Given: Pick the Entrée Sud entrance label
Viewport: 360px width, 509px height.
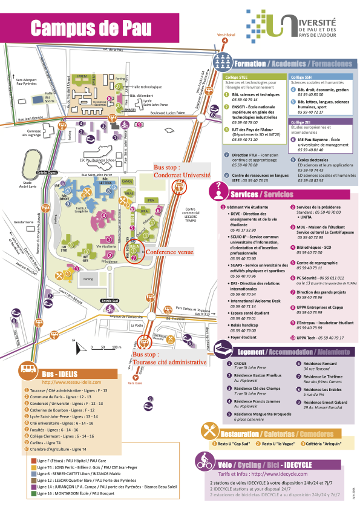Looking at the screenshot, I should pyautogui.click(x=110, y=300).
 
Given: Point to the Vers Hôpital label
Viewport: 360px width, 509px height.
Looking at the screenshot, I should pyautogui.click(x=226, y=35).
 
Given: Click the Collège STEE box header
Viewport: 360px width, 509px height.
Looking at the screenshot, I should pyautogui.click(x=234, y=77).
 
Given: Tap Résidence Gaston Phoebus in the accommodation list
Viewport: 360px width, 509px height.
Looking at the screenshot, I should pyautogui.click(x=247, y=376).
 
